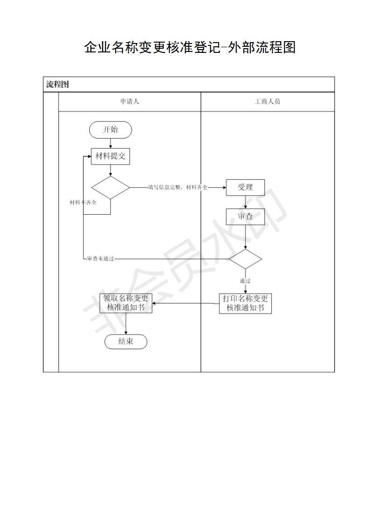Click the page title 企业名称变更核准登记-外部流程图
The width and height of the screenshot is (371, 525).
190,47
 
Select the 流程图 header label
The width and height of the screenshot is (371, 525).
58,84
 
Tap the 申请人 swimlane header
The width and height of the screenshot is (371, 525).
130,102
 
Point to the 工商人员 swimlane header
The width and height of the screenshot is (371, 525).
267,102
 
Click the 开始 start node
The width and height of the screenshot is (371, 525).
110,130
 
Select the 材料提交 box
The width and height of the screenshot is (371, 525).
110,156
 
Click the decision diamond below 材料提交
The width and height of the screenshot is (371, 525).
110,188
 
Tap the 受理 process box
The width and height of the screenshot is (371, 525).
246,188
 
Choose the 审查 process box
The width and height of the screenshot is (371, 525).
246,217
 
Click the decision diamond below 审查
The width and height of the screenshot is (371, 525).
246,259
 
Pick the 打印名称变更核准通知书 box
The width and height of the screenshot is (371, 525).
246,303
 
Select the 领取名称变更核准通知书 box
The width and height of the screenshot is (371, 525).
126,303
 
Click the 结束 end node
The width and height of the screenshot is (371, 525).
126,342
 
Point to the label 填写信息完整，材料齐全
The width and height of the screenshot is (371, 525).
178,188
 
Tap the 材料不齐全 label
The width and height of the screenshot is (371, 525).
83,202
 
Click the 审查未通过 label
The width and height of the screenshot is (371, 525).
101,259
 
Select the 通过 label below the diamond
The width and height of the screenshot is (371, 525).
245,281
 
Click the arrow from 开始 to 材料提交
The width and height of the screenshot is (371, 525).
110,143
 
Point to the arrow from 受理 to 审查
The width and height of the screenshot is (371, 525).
246,202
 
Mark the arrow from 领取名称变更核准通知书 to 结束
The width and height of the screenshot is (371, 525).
126,323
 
